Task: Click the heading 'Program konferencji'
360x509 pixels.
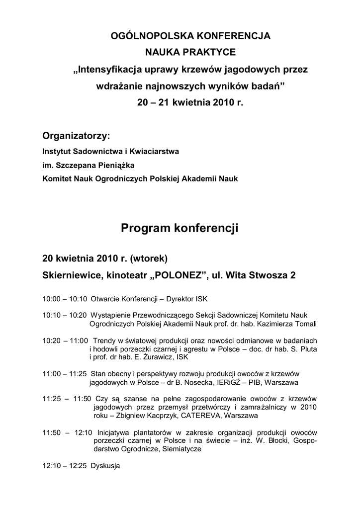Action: click(x=180, y=228)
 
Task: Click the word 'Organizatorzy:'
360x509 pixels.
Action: click(x=76, y=136)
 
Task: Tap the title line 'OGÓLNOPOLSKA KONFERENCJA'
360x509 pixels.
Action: click(x=190, y=36)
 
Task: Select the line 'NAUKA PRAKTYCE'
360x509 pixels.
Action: click(x=190, y=52)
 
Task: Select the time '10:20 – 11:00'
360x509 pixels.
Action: click(x=65, y=340)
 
